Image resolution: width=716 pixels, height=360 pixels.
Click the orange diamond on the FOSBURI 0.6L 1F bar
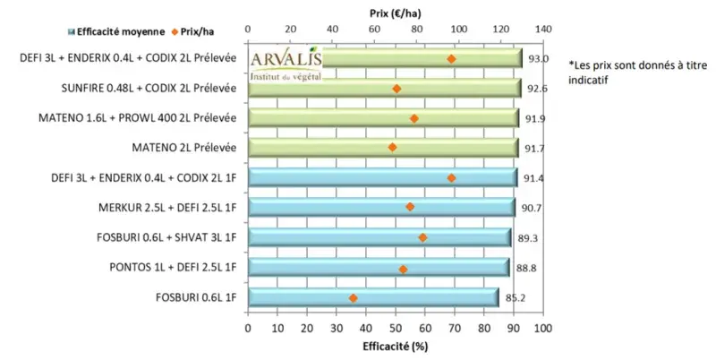click(x=353, y=298)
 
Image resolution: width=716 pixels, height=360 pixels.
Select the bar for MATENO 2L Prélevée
click(x=382, y=147)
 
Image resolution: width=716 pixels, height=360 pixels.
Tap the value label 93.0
click(x=538, y=59)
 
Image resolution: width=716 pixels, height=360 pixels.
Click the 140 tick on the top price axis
click(x=541, y=30)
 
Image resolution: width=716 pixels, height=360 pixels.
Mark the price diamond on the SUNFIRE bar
click(x=396, y=89)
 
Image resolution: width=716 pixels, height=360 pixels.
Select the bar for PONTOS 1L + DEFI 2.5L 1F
click(x=378, y=267)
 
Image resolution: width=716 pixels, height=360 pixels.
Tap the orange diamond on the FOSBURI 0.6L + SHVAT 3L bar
click(x=422, y=237)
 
